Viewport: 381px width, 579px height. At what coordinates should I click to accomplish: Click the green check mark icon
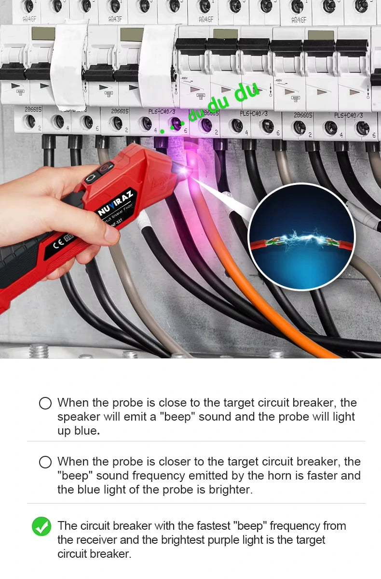point(41,526)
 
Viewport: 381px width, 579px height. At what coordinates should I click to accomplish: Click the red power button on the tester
point(106,168)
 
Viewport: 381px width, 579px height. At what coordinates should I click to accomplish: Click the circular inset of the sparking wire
point(301,237)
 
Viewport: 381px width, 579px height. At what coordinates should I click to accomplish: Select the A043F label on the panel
point(114,19)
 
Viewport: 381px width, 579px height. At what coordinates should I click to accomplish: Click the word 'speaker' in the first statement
point(77,417)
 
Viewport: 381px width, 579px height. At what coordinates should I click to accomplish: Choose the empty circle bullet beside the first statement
point(45,403)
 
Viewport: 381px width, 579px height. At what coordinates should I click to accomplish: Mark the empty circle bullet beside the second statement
point(45,462)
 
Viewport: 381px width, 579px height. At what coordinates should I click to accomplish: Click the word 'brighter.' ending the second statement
point(229,490)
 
